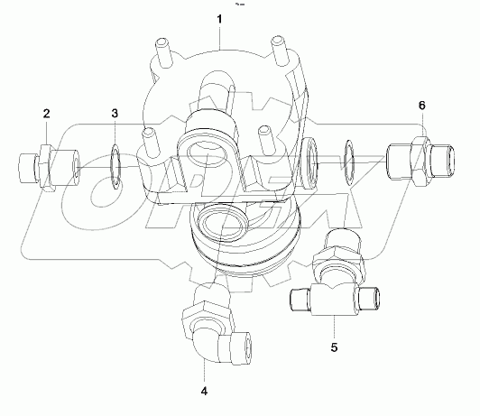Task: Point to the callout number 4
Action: coord(204,391)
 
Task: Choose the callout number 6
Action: coord(420,106)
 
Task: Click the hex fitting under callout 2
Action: coord(47,167)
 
